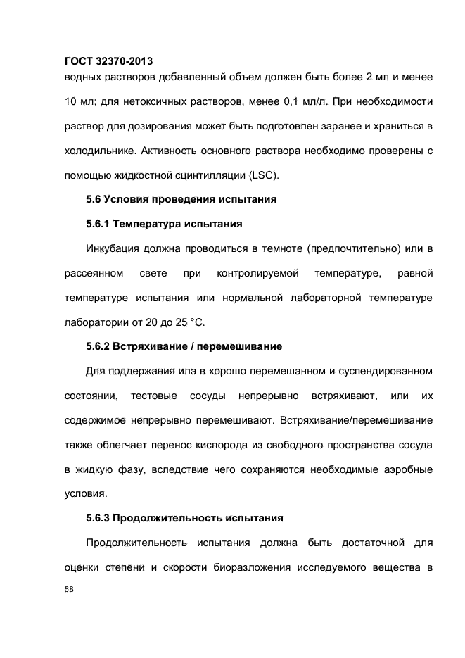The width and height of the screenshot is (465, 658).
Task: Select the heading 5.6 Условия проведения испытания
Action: point(181,199)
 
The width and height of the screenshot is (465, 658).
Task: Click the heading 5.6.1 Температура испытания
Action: point(163,224)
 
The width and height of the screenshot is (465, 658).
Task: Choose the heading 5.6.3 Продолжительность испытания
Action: point(184,518)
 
